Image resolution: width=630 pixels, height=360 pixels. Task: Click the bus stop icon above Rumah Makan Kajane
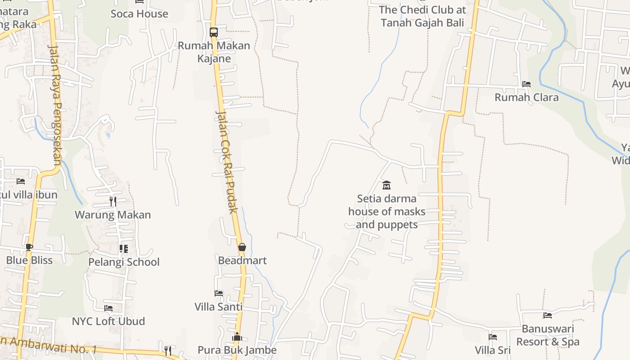click(x=214, y=32)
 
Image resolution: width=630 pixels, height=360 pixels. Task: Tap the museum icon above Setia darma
click(x=387, y=185)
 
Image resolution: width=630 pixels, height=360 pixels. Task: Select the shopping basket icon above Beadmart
click(x=242, y=247)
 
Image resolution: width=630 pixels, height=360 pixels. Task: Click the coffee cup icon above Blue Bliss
click(x=29, y=247)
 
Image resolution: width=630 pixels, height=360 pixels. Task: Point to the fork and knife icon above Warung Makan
click(x=113, y=201)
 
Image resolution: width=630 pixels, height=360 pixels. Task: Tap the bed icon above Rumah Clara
click(x=526, y=84)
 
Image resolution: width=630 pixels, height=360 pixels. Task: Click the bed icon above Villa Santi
click(x=219, y=293)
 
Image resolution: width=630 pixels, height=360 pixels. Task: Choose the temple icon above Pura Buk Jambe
click(x=237, y=337)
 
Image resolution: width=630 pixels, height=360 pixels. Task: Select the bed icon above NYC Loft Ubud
click(x=108, y=308)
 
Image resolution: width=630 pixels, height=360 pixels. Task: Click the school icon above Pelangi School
click(x=124, y=249)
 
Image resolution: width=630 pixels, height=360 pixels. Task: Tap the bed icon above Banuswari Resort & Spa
click(x=548, y=315)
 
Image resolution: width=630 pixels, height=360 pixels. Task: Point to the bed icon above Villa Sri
click(x=493, y=337)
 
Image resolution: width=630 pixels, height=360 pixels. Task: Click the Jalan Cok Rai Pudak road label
click(x=226, y=162)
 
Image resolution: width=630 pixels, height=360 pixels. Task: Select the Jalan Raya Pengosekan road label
click(x=55, y=106)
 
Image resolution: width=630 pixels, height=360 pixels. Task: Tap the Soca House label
click(x=139, y=14)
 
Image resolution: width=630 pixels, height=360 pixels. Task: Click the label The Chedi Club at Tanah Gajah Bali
click(x=422, y=16)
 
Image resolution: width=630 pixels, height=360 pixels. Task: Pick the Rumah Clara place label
click(x=526, y=97)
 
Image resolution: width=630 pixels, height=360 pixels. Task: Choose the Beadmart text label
click(x=242, y=261)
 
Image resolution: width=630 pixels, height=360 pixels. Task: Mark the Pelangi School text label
click(x=124, y=262)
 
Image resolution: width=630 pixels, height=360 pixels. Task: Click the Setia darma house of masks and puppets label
click(x=387, y=211)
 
